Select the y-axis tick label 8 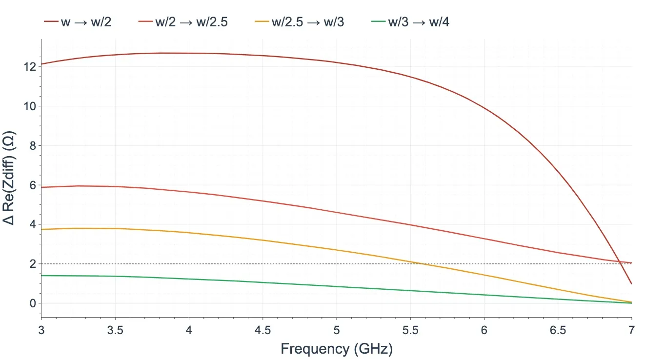click(33, 146)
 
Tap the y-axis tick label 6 click(33, 185)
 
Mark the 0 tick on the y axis click(33, 303)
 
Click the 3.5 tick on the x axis click(115, 330)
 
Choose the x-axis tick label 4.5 click(263, 330)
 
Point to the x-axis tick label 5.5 click(410, 330)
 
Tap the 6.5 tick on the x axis click(558, 330)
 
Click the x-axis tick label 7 click(632, 330)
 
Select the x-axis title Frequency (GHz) click(336, 349)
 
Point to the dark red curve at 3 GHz click(41, 64)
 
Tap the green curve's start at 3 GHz click(41, 276)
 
